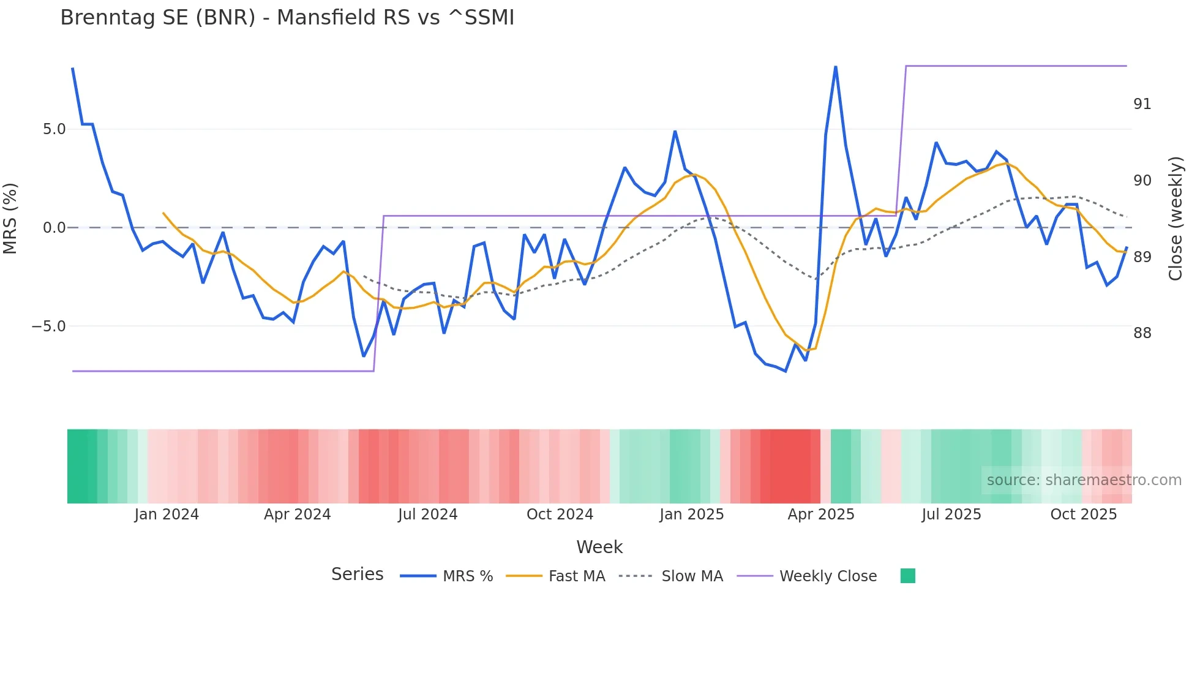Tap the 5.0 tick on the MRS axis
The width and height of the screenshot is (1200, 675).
(54, 129)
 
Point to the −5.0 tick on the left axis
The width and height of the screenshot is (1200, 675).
(49, 326)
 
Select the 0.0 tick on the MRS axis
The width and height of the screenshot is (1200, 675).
(54, 228)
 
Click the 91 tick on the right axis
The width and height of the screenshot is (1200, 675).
(1142, 104)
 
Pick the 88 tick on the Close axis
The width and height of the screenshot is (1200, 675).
(1142, 333)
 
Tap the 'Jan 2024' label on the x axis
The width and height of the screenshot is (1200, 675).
(167, 515)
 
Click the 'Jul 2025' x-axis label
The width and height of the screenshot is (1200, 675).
(951, 515)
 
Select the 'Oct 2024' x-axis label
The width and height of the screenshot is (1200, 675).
(560, 515)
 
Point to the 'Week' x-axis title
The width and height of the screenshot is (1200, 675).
(599, 547)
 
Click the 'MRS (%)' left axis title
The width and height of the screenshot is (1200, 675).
(10, 218)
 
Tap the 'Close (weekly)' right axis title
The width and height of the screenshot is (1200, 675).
(1175, 219)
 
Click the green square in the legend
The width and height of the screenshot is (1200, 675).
(907, 576)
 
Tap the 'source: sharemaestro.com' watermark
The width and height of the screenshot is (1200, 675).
(1084, 480)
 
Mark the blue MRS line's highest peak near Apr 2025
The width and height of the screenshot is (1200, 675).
(835, 67)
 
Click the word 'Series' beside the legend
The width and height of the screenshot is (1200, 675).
(357, 575)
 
